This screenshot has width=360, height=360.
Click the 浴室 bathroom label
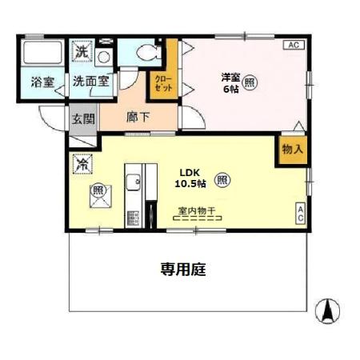point(42,81)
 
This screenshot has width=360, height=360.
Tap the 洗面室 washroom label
point(93,81)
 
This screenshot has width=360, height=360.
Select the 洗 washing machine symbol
point(82,53)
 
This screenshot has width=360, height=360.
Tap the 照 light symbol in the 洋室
point(251,82)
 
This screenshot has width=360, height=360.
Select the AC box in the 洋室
point(293,45)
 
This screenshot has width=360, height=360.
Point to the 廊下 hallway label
point(138,118)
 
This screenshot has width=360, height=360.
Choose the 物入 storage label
point(291,149)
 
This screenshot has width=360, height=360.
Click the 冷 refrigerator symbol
point(82,162)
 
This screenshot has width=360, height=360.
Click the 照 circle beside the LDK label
point(222,179)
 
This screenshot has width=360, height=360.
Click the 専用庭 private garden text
point(183,270)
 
